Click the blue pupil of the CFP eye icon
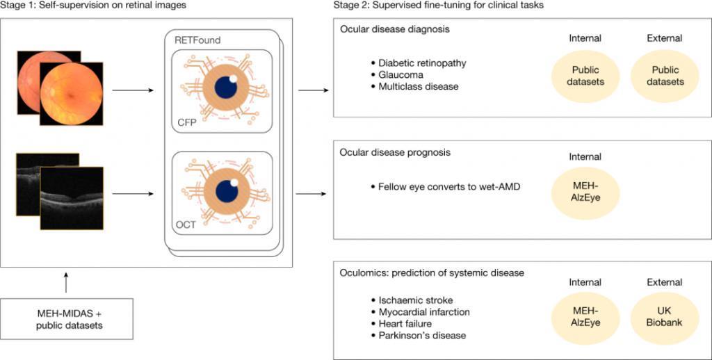[226, 86]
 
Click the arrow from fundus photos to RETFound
[133, 90]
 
